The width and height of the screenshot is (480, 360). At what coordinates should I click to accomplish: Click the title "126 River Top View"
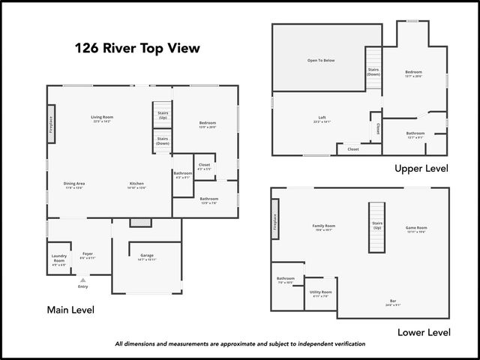(x=137, y=49)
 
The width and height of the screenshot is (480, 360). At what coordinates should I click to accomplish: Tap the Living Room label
(x=102, y=118)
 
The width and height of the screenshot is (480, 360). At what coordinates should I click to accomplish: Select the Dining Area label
(x=73, y=184)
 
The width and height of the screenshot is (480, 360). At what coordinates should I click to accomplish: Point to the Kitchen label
(x=136, y=184)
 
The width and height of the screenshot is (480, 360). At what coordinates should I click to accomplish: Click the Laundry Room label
(x=59, y=259)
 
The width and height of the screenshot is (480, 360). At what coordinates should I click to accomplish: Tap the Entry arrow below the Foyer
(x=82, y=280)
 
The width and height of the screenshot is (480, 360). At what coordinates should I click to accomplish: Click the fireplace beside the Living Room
(x=51, y=123)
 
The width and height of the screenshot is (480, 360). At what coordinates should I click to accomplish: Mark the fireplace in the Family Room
(x=275, y=218)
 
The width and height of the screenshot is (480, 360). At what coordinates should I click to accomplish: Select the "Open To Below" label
(x=320, y=60)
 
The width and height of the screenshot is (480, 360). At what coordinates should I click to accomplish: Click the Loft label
(x=322, y=118)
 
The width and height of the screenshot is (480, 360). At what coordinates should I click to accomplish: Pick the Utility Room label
(x=321, y=292)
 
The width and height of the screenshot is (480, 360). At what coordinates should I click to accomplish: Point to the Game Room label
(x=416, y=228)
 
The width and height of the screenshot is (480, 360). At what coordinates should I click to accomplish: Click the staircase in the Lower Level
(x=376, y=226)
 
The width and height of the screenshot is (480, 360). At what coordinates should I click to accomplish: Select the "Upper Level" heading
(x=421, y=169)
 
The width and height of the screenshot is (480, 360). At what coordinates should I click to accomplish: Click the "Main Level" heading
(x=70, y=310)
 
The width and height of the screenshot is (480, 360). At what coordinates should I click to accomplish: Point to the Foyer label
(x=88, y=254)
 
